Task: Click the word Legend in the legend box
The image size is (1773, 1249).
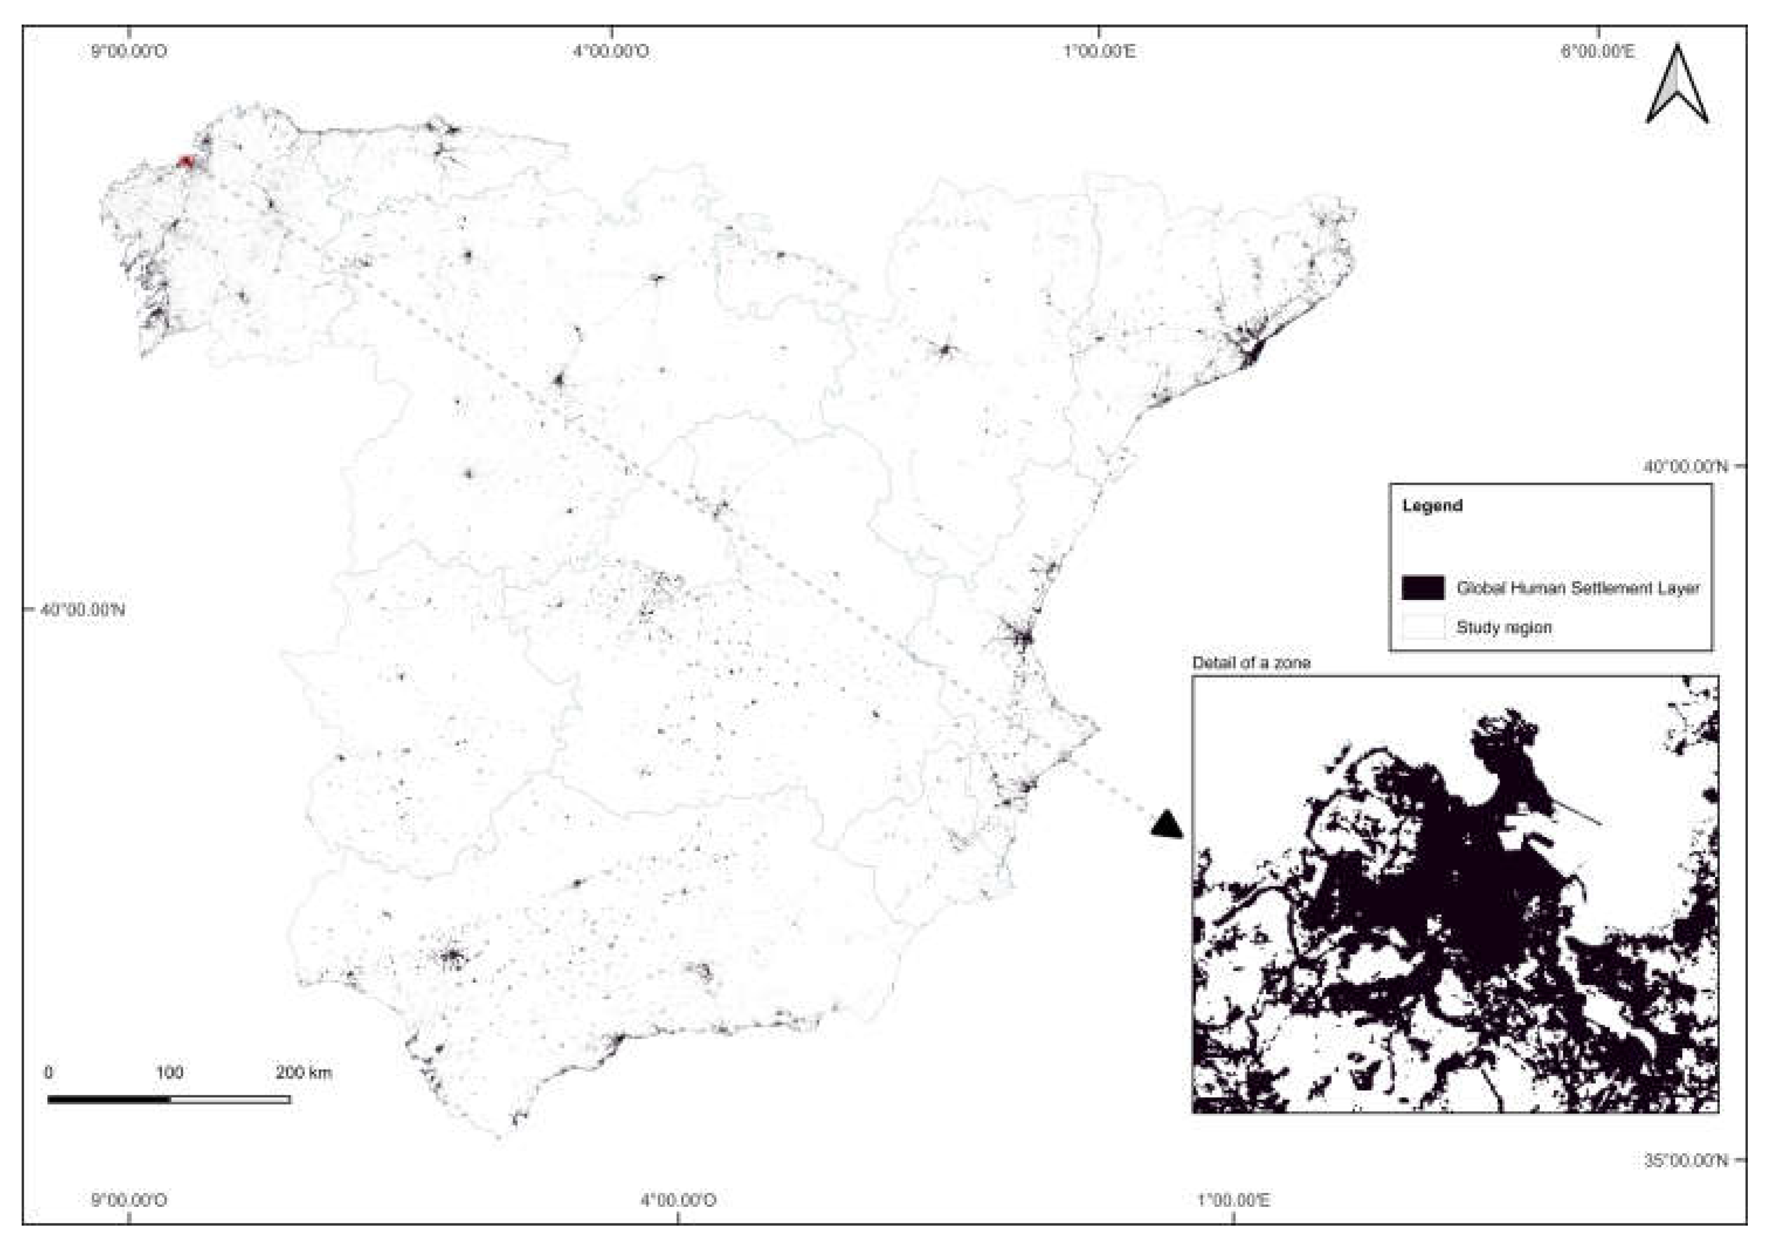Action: pyautogui.click(x=1432, y=506)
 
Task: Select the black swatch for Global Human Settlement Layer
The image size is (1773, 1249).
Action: pyautogui.click(x=1422, y=588)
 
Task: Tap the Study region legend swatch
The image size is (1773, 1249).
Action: pyautogui.click(x=1422, y=627)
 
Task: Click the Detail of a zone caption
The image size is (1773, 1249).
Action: pyautogui.click(x=1251, y=662)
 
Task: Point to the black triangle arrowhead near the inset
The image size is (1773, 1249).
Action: pyautogui.click(x=1167, y=824)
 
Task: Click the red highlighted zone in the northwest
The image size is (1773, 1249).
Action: pyautogui.click(x=185, y=161)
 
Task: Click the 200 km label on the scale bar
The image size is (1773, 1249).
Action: pyautogui.click(x=303, y=1072)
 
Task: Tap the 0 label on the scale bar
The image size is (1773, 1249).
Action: pyautogui.click(x=49, y=1072)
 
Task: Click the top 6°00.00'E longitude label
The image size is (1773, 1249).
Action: pyautogui.click(x=1597, y=52)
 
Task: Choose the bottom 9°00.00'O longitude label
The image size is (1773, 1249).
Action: pyautogui.click(x=129, y=1201)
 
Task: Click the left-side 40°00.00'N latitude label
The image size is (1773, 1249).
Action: pyautogui.click(x=82, y=609)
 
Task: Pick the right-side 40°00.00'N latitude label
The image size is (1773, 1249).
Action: pyautogui.click(x=1685, y=466)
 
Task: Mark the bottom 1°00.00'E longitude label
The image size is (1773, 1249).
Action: pyautogui.click(x=1233, y=1201)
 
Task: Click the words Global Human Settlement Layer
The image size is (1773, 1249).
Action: pyautogui.click(x=1578, y=588)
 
